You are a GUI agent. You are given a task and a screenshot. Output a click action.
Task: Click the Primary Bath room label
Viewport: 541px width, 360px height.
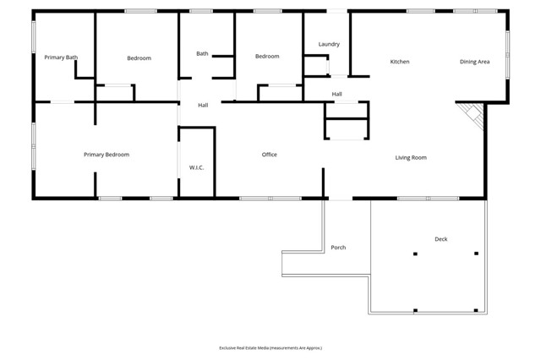point(61,57)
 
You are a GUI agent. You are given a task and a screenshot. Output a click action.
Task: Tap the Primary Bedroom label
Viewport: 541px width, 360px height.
point(107,155)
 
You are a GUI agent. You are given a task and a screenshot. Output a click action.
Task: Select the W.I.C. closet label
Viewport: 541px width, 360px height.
point(196,167)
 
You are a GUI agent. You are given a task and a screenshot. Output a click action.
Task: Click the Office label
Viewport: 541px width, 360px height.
point(270,155)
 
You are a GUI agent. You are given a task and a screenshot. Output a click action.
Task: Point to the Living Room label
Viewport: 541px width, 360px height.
point(411,157)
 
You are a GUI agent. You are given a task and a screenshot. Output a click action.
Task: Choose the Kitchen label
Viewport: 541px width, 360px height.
point(400,62)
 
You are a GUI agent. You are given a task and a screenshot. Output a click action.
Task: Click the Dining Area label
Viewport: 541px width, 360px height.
point(474,62)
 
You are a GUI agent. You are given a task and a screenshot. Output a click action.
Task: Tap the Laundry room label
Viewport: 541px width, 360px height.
point(329,44)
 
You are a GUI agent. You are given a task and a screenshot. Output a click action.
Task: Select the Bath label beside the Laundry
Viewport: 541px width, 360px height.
point(202,53)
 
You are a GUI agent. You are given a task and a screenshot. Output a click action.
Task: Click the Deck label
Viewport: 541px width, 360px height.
point(440,239)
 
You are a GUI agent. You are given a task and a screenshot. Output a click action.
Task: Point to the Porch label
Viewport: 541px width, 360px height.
point(338,248)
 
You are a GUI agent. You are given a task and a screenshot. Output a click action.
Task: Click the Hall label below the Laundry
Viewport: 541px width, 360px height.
point(336,94)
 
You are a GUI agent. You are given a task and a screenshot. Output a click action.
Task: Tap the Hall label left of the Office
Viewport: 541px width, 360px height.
point(203,106)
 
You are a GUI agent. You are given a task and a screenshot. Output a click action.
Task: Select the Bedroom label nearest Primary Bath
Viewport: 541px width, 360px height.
point(139,57)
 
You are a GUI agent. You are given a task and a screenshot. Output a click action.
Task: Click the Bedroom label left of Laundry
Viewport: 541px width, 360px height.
point(267,57)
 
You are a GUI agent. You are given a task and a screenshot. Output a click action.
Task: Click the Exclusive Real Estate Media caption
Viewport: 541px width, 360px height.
point(270,348)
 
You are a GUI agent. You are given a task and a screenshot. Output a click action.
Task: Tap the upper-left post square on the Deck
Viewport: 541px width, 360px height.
point(415,254)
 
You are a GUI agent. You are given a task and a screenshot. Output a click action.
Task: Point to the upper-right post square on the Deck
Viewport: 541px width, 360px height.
point(476,254)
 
